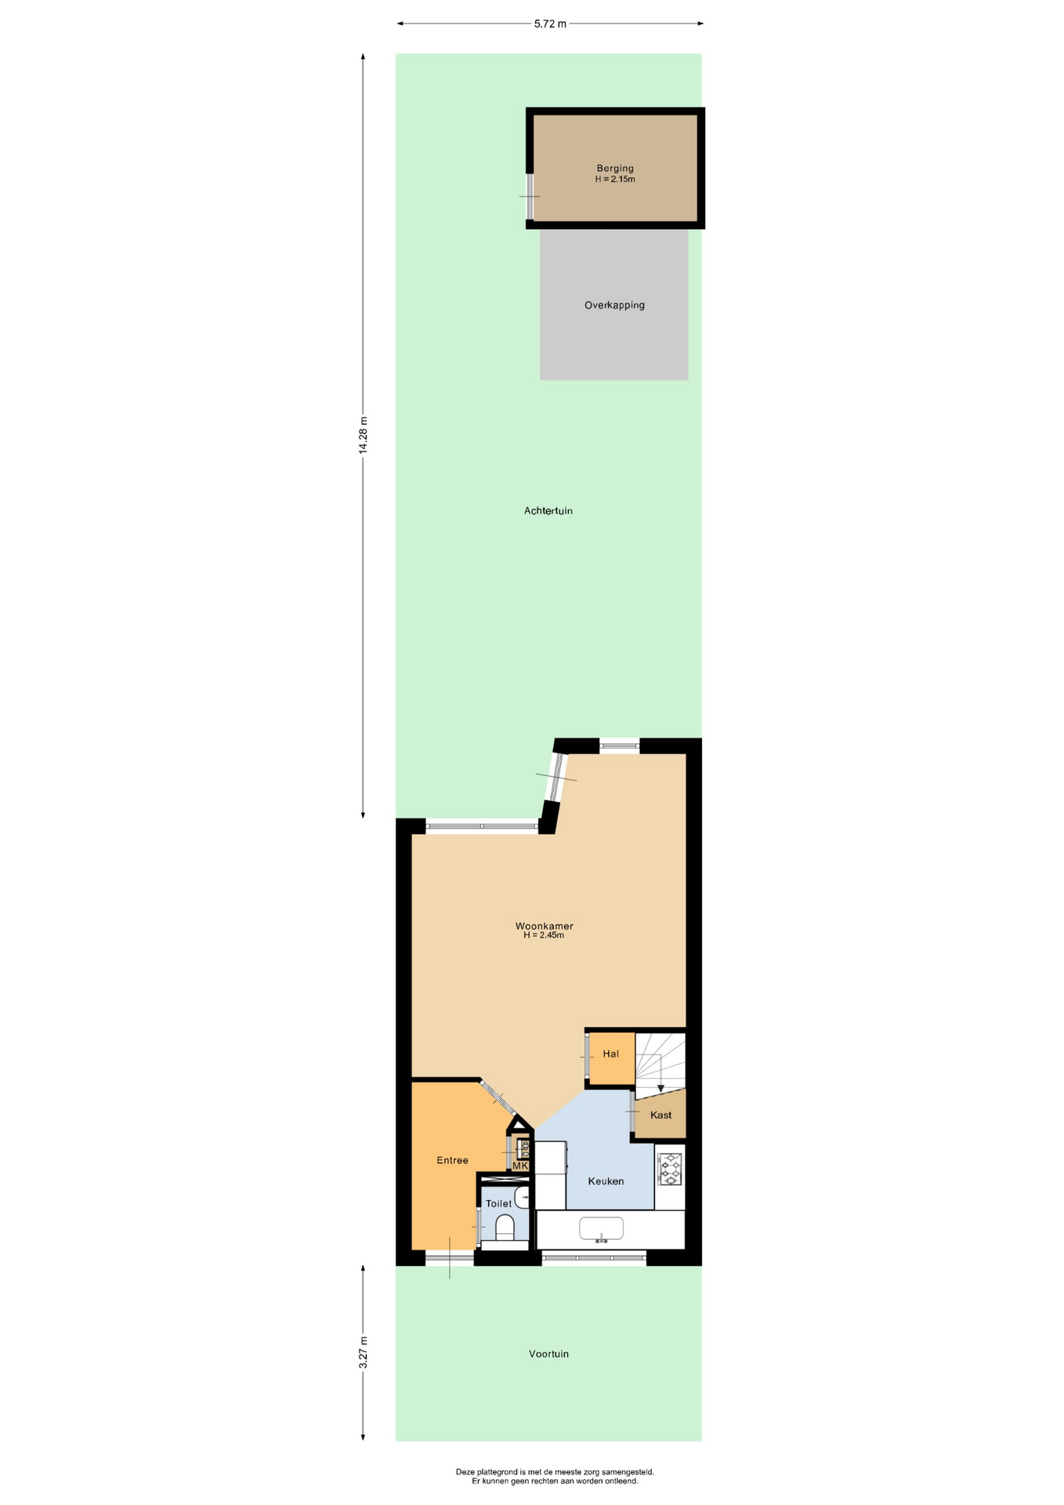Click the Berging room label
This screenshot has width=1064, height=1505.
pyautogui.click(x=615, y=168)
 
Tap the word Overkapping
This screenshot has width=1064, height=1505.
pyautogui.click(x=614, y=305)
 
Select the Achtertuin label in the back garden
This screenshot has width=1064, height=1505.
pyautogui.click(x=548, y=510)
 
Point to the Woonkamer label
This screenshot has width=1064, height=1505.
pyautogui.click(x=544, y=926)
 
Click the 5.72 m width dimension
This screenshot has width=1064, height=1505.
pyautogui.click(x=550, y=24)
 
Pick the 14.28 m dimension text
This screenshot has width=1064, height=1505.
pyautogui.click(x=363, y=435)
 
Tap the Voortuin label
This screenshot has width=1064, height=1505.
pyautogui.click(x=548, y=1354)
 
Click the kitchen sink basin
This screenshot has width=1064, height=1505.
pyautogui.click(x=601, y=1228)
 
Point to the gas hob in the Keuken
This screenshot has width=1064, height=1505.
pyautogui.click(x=670, y=1169)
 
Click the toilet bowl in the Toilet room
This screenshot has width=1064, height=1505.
pyautogui.click(x=505, y=1228)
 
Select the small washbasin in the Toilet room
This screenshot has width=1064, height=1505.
pyautogui.click(x=523, y=1198)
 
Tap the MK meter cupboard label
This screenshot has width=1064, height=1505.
pyautogui.click(x=520, y=1166)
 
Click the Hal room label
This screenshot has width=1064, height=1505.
pyautogui.click(x=611, y=1053)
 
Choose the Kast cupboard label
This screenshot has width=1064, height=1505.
pyautogui.click(x=660, y=1115)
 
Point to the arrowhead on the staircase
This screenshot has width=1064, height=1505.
pyautogui.click(x=660, y=1089)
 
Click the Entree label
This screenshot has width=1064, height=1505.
pyautogui.click(x=452, y=1160)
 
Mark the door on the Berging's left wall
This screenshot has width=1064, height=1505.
pyautogui.click(x=530, y=196)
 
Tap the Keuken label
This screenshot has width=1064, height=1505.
pyautogui.click(x=606, y=1180)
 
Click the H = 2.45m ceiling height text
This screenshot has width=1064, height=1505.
pyautogui.click(x=544, y=935)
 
